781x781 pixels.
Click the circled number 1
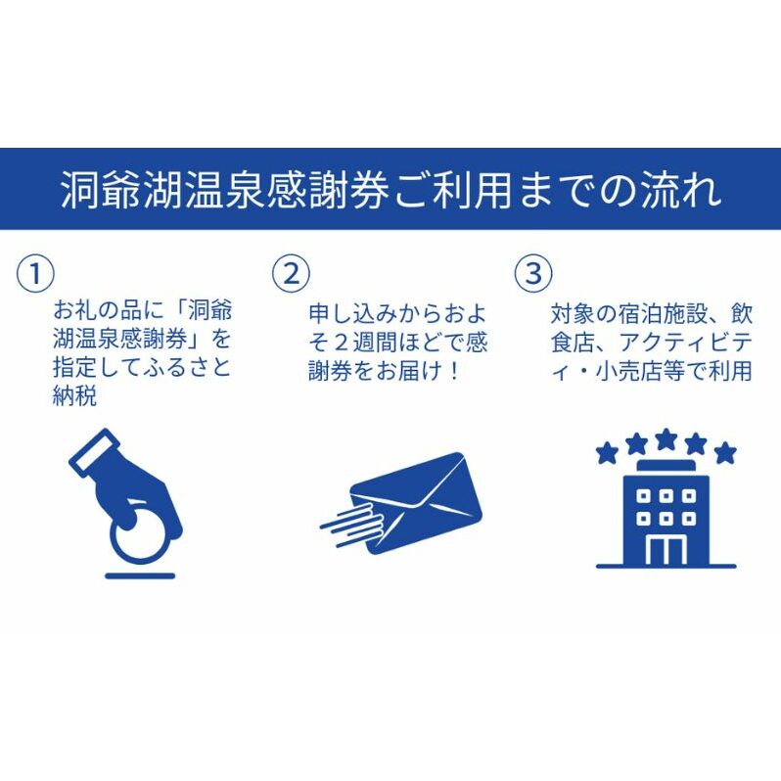coord(35,273)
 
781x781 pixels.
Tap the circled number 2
coord(291,273)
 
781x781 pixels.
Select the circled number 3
coord(533,273)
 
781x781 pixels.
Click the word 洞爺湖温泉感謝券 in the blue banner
coord(224,190)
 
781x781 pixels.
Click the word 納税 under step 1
coord(74,396)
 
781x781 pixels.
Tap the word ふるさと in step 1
coord(187,367)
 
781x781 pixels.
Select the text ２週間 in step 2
coord(364,343)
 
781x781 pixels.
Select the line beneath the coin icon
coord(140,575)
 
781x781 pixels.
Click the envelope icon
coord(416,503)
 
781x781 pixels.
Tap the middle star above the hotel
coord(666,439)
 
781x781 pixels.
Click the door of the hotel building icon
coord(666,550)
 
